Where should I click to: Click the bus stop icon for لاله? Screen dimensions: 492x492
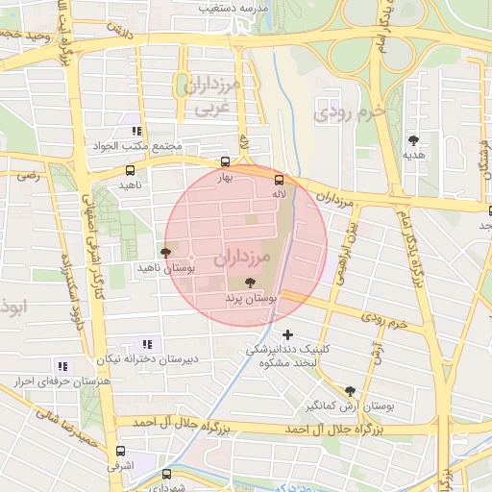point(280,180)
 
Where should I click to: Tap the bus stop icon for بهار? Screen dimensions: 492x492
point(225,161)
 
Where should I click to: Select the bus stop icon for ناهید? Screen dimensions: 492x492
point(130,171)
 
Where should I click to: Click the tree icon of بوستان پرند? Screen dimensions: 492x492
point(251,283)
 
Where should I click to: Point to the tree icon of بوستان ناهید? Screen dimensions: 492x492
point(166,253)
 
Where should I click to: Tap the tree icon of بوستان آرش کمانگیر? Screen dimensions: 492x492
point(349,391)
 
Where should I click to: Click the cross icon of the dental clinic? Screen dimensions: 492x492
point(287,334)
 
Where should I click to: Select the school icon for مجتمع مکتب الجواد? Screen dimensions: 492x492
point(136,131)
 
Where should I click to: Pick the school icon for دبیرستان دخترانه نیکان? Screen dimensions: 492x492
point(147,343)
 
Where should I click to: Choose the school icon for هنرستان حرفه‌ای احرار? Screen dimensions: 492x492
point(63,366)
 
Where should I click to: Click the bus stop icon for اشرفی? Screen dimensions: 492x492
point(120,450)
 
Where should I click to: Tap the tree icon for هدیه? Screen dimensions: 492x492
point(414,139)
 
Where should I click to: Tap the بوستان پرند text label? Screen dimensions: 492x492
point(251,300)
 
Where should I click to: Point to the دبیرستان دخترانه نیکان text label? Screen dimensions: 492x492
point(148,358)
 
